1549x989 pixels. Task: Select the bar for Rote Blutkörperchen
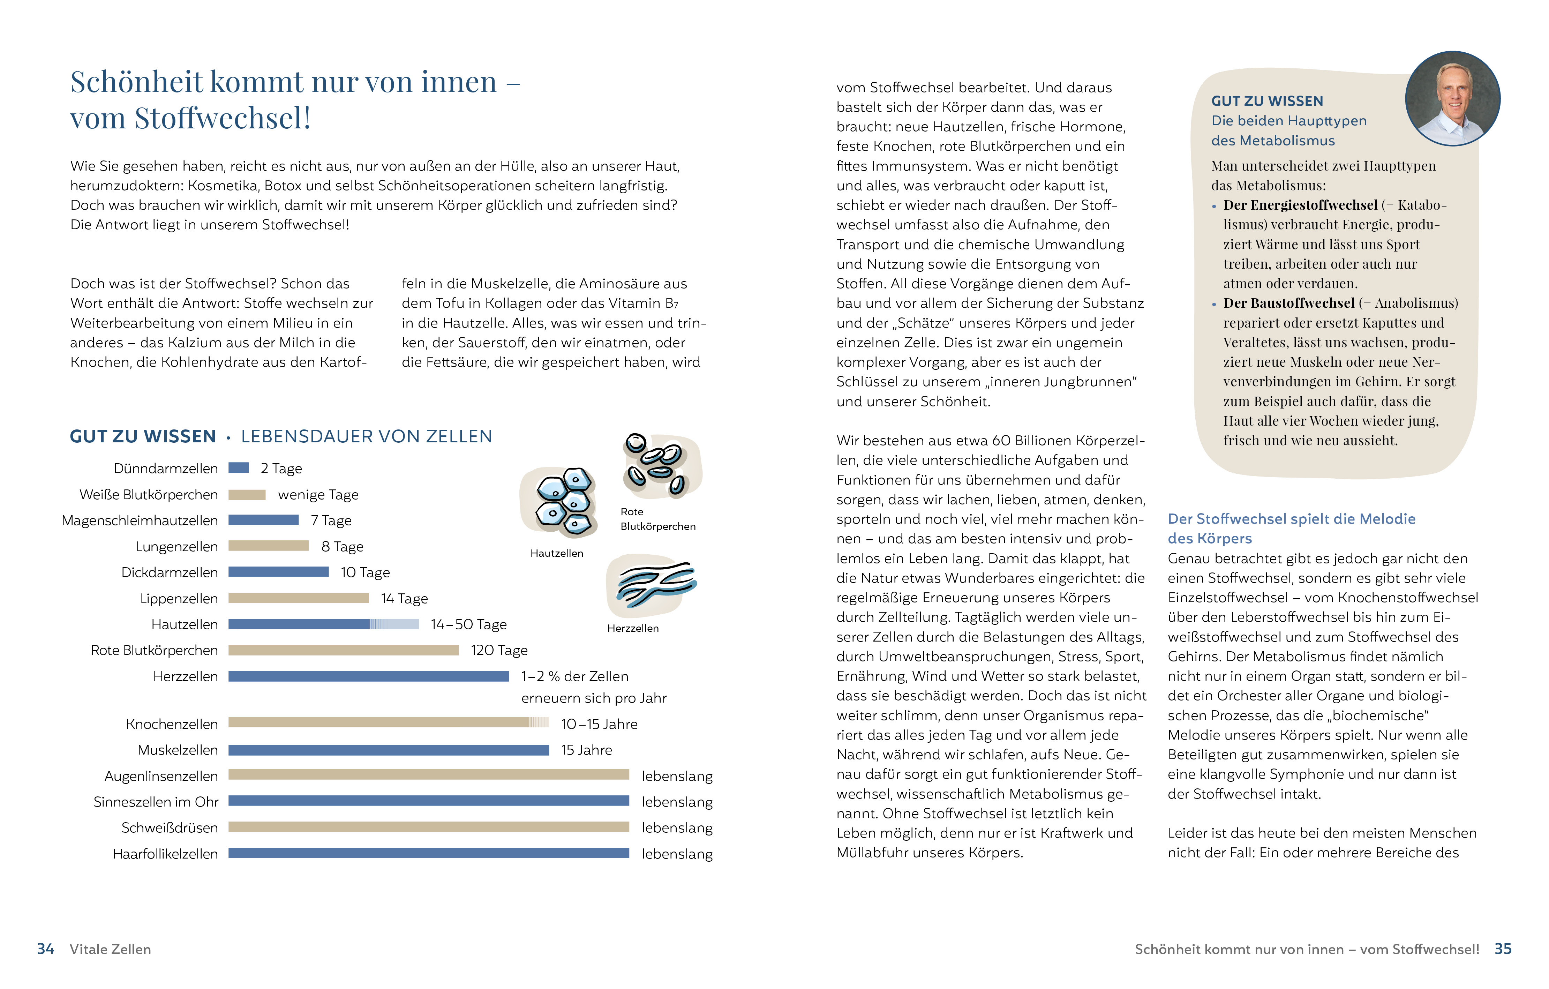pos(344,651)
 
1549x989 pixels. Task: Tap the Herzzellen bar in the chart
pos(369,676)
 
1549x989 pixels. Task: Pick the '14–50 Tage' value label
pos(468,624)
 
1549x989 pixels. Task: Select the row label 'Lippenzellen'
pos(179,598)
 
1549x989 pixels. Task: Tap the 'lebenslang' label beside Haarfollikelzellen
pos(677,854)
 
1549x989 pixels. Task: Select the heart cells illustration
pos(651,585)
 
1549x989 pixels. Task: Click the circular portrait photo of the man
pos(1452,98)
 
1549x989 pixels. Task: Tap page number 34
pos(46,949)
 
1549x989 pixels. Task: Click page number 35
pos(1503,949)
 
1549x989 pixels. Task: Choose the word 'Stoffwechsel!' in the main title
pos(223,118)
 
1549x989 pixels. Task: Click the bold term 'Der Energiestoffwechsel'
pos(1300,205)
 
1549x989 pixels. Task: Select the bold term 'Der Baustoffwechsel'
pos(1288,303)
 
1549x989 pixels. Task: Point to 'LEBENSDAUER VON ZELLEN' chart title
pos(367,436)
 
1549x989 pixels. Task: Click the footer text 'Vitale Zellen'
pos(110,949)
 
